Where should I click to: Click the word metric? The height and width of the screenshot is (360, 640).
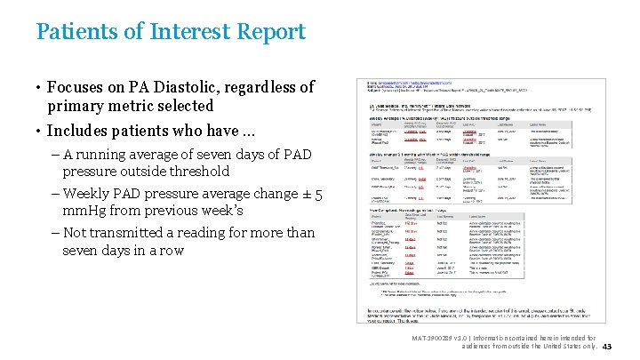point(137,106)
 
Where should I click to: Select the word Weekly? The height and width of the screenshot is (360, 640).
point(88,193)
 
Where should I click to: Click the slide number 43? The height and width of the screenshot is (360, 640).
point(608,347)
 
